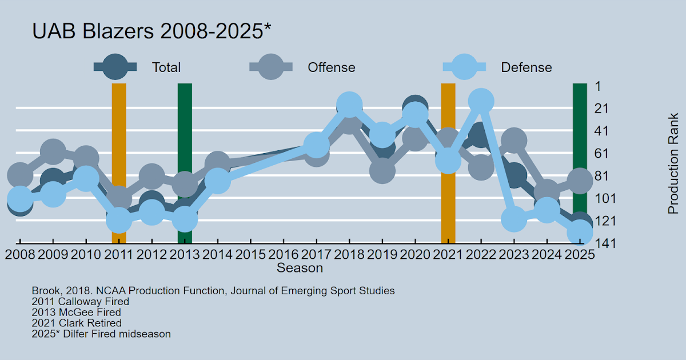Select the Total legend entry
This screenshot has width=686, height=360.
pos(166,67)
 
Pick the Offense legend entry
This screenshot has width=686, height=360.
pos(331,67)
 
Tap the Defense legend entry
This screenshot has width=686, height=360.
pos(526,67)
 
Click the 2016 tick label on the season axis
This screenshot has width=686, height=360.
pos(284,254)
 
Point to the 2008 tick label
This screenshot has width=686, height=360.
pos(19,254)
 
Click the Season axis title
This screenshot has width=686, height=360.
pos(300,267)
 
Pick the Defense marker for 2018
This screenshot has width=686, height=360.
pos(349,105)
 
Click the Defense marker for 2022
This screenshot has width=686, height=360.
pos(481,101)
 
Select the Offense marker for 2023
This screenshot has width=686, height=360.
pos(514,140)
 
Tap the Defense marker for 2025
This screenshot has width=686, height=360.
pos(580,233)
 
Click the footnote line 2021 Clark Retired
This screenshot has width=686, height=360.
pos(77,323)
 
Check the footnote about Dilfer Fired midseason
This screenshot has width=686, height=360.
pos(101,334)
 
